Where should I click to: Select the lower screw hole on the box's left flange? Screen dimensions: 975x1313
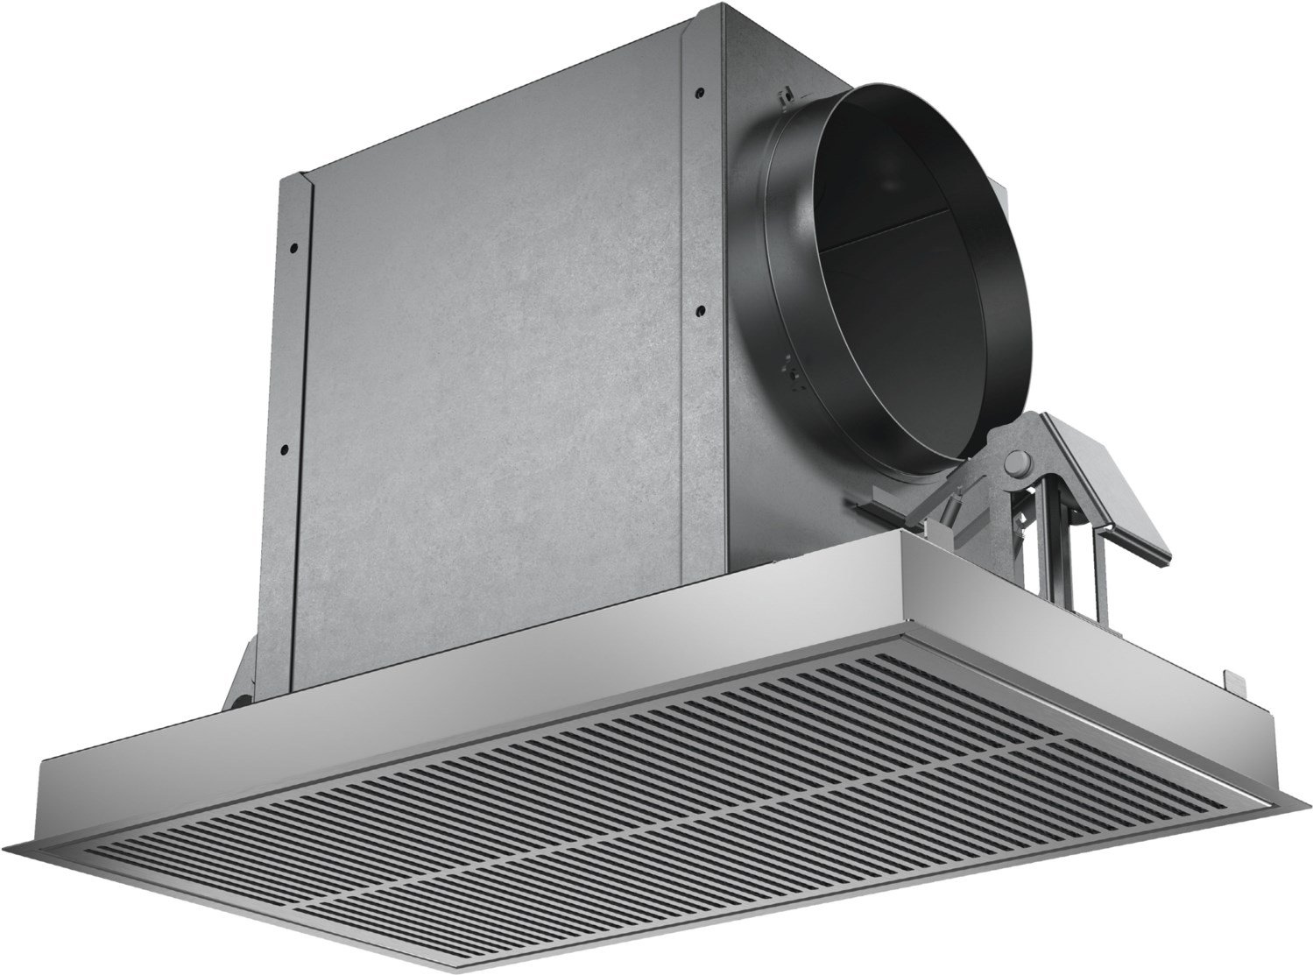284,448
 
